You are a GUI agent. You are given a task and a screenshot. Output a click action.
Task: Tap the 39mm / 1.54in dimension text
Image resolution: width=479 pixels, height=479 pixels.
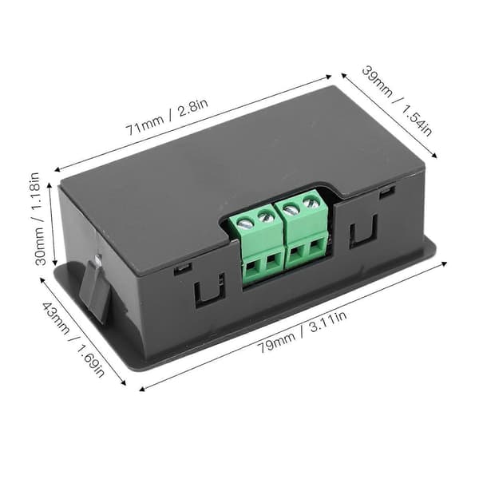coord(397,101)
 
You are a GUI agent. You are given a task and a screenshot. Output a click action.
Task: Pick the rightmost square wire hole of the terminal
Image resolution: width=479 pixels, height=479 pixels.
coord(315,246)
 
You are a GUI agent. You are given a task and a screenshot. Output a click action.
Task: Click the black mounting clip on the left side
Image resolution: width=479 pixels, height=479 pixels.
coord(95,289)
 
